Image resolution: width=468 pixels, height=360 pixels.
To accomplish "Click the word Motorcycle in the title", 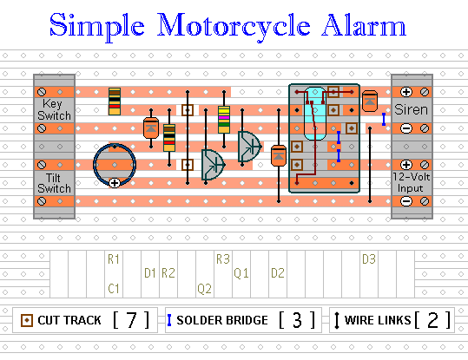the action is tap(234, 28).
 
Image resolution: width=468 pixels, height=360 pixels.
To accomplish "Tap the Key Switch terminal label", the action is tap(54, 110).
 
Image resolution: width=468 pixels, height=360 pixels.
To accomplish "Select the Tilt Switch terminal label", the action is tap(54, 183).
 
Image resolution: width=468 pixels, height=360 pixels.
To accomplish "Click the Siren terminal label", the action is tap(411, 110).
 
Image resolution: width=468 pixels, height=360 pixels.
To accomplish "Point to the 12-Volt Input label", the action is tap(411, 182).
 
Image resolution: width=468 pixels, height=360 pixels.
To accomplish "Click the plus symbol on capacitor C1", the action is tap(115, 183).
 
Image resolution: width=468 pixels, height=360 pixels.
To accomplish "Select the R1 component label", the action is tap(114, 259).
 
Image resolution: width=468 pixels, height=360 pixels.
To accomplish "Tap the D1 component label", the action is tap(150, 273).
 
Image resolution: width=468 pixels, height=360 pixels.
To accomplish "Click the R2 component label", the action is tap(168, 273).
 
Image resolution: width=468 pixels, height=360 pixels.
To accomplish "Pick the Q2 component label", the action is tap(204, 288).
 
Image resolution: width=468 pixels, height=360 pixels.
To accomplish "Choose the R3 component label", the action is tap(223, 259).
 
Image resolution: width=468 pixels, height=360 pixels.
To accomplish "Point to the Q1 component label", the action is tap(241, 273).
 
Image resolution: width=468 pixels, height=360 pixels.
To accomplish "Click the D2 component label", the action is tap(278, 273).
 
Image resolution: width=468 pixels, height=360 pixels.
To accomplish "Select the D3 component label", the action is tap(369, 259).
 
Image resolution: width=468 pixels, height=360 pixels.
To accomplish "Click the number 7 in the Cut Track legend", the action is tap(131, 320).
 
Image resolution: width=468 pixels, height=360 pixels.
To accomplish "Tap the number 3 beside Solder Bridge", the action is tap(297, 320).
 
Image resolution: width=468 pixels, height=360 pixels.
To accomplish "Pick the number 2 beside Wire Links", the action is tap(433, 320).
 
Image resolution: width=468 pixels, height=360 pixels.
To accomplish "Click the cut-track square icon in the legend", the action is tap(27, 320).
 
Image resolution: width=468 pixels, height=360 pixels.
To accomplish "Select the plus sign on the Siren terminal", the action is tap(406, 92).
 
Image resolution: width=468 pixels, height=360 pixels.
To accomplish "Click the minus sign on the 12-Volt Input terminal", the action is tap(406, 201).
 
